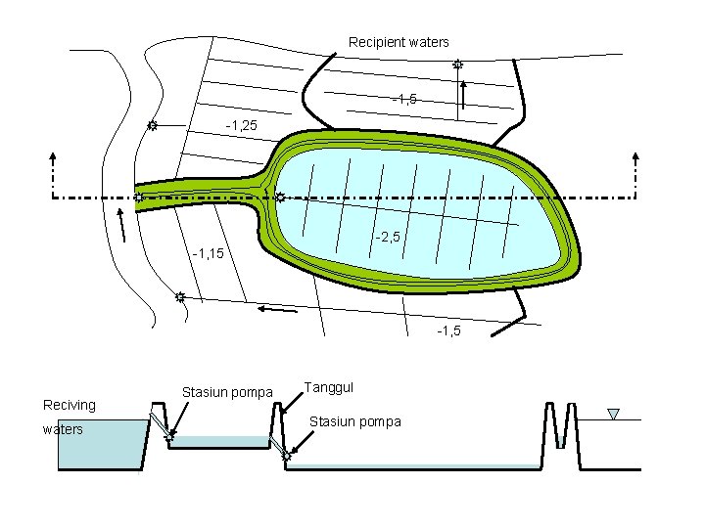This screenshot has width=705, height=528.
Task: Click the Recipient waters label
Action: [399, 42]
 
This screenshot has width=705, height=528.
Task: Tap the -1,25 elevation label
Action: [241, 126]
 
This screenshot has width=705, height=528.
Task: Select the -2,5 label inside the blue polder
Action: [387, 237]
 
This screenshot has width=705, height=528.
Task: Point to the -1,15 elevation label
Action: [209, 254]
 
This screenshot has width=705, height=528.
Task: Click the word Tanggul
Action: [329, 386]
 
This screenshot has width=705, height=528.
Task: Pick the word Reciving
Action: [70, 405]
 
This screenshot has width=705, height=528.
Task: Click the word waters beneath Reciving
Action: [63, 428]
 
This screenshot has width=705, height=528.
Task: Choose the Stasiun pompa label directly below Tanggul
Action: [354, 421]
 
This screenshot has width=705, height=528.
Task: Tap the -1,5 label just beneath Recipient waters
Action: [404, 99]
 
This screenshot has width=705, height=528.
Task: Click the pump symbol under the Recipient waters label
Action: [457, 65]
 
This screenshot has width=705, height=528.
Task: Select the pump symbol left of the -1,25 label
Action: [153, 126]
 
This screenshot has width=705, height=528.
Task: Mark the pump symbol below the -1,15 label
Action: [180, 296]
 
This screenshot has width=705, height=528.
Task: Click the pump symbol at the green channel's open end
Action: [139, 198]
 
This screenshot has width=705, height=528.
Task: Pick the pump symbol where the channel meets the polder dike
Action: [279, 198]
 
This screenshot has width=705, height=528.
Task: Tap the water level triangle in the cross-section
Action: [613, 415]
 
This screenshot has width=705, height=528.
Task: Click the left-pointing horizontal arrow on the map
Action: [276, 311]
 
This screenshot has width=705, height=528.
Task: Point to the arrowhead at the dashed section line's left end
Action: [52, 156]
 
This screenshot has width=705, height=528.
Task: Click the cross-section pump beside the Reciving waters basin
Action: [169, 436]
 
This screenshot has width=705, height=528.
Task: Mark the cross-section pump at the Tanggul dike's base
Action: [287, 456]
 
